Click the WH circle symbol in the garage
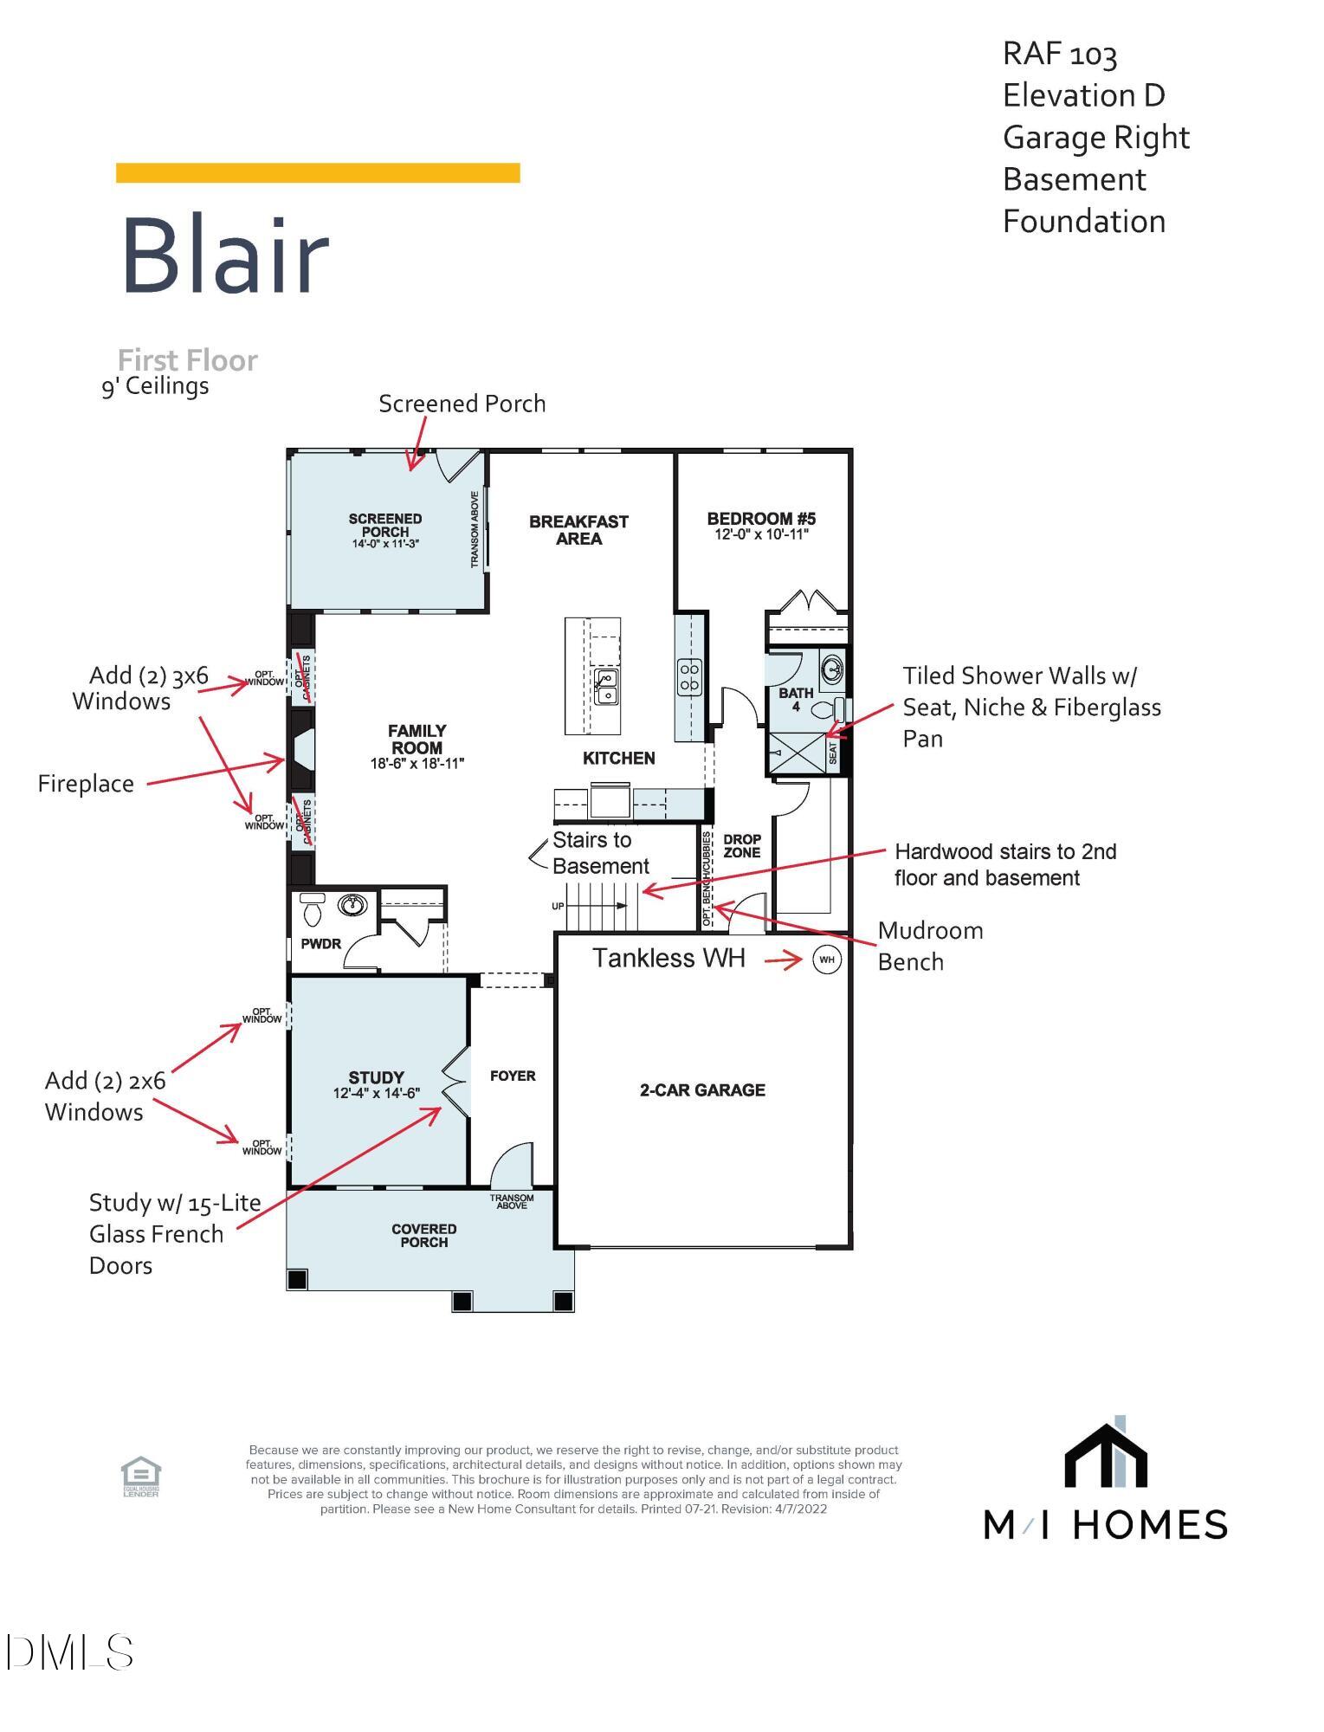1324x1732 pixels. tap(827, 960)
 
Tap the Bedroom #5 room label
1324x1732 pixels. tap(761, 519)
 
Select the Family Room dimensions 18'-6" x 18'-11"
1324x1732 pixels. tap(417, 764)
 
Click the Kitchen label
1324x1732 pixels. tap(618, 759)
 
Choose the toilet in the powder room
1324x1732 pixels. tap(312, 909)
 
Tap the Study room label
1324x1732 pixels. tap(376, 1077)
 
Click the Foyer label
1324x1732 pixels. tap(513, 1076)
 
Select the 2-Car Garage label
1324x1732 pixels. tap(702, 1090)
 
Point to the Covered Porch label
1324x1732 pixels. tap(423, 1235)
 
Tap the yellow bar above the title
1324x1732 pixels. tap(318, 173)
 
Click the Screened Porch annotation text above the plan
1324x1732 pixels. tap(462, 404)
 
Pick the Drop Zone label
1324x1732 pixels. tap(742, 846)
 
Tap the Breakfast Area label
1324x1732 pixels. tap(578, 530)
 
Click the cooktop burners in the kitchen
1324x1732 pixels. tap(689, 676)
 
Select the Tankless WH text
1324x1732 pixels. tap(668, 959)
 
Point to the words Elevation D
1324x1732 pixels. tap(1083, 95)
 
